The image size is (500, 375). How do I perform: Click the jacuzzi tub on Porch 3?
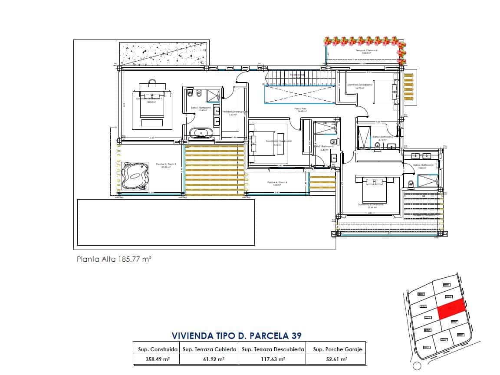(135, 176)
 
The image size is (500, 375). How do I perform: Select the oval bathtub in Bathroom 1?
(201, 133)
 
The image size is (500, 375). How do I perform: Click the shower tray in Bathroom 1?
(213, 95)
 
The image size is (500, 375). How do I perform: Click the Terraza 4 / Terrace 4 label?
(366, 51)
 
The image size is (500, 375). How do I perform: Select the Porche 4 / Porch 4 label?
(277, 183)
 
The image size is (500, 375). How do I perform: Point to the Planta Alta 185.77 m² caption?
(114, 260)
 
